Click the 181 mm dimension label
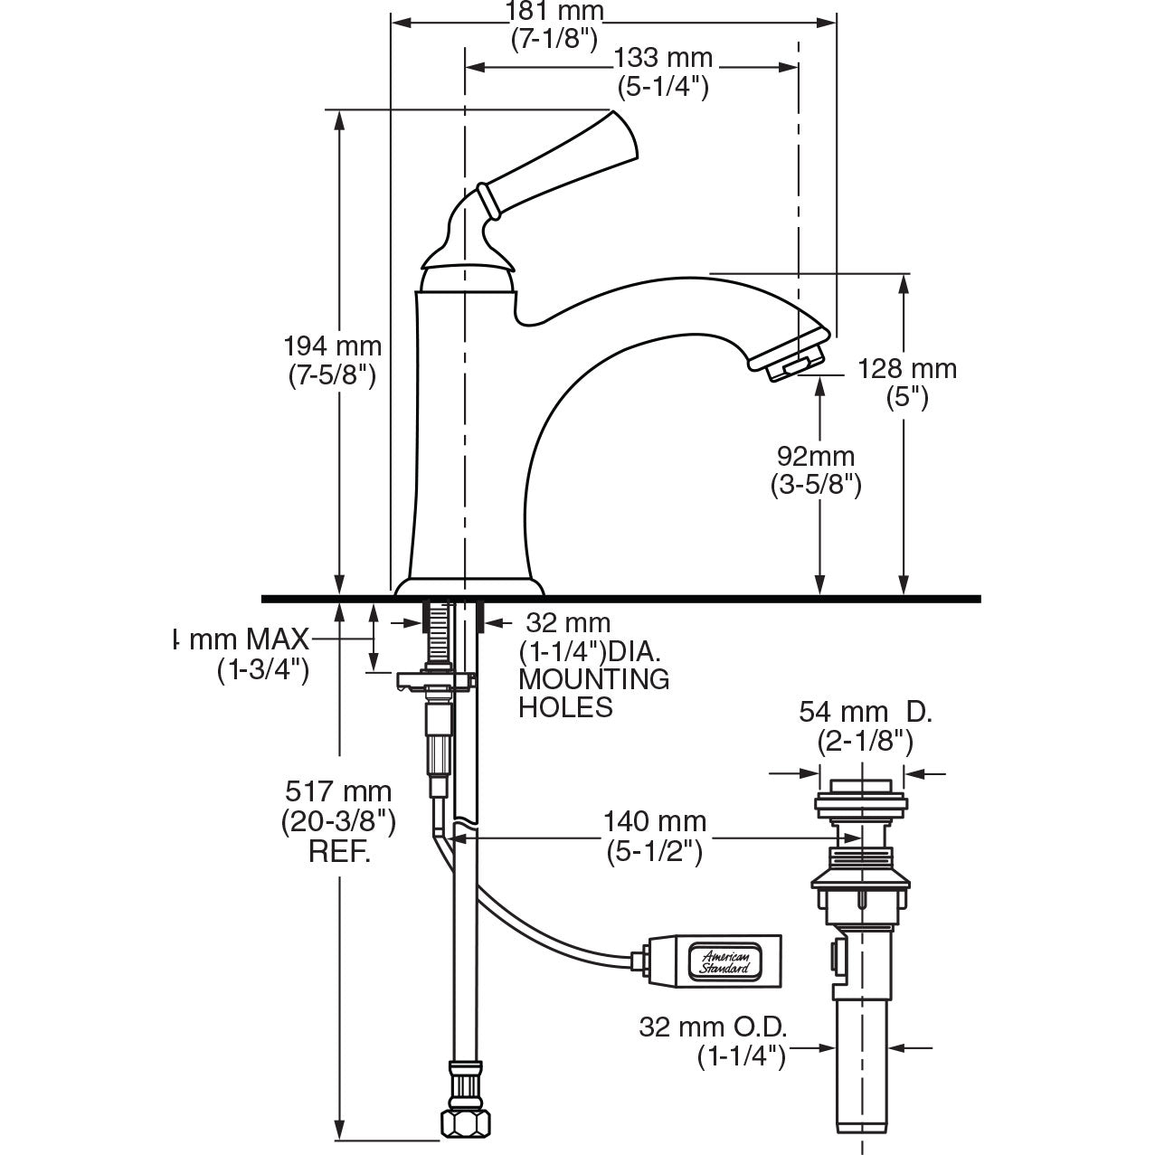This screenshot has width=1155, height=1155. tap(554, 12)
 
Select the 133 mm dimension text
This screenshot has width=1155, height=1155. tap(663, 59)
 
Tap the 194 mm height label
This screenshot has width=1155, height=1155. tap(332, 346)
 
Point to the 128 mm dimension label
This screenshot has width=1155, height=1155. tap(906, 369)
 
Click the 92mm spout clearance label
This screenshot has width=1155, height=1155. tap(815, 457)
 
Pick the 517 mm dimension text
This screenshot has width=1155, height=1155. tap(338, 792)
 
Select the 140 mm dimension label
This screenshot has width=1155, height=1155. tap(655, 822)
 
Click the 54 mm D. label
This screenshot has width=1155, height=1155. tap(865, 713)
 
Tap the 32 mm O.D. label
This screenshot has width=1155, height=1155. tap(713, 1027)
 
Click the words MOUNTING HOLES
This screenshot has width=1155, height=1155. tap(593, 692)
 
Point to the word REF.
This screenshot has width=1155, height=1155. tap(339, 853)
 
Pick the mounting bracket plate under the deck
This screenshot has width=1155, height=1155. tap(436, 679)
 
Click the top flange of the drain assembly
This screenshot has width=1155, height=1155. tap(860, 800)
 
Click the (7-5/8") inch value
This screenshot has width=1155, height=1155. tap(332, 375)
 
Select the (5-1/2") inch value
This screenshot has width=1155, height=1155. tap(655, 851)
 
